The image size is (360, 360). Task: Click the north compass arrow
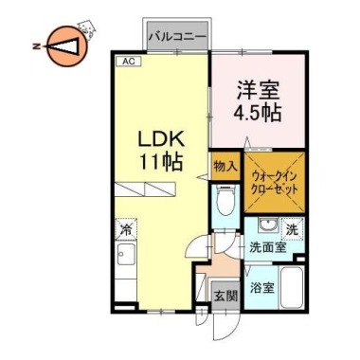(64, 45)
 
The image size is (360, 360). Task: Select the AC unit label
(125, 62)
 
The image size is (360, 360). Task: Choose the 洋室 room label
(256, 92)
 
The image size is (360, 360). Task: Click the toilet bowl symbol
(225, 203)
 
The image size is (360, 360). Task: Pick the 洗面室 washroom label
(267, 249)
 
